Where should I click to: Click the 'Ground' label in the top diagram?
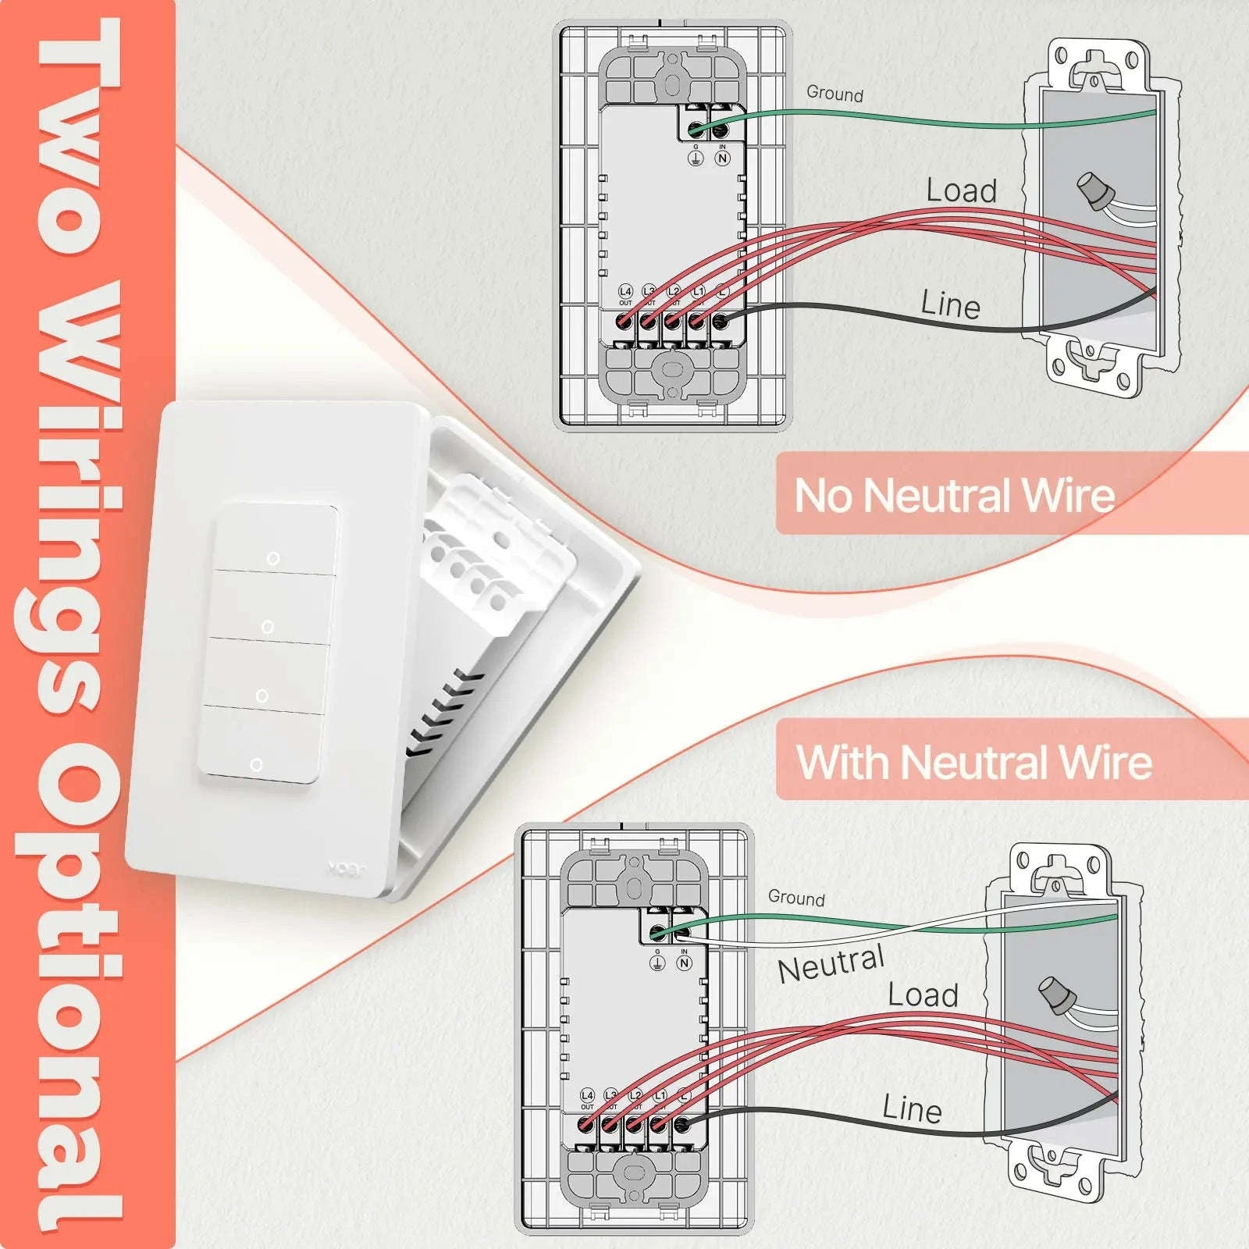coord(834,94)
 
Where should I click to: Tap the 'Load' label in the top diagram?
coord(961,191)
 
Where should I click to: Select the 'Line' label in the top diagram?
coord(950,304)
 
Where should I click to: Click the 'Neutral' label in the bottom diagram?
coord(831,964)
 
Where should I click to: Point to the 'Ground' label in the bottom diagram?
coord(795,898)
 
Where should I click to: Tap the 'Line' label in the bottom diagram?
coord(912,1109)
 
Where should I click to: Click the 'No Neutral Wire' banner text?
coord(954,496)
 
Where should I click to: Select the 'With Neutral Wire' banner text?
coord(973,763)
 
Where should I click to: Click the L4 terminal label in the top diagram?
coord(625,292)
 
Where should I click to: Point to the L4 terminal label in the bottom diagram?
coord(587,1096)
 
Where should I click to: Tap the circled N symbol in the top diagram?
coord(723,158)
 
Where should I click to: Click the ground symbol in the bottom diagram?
coord(657,963)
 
